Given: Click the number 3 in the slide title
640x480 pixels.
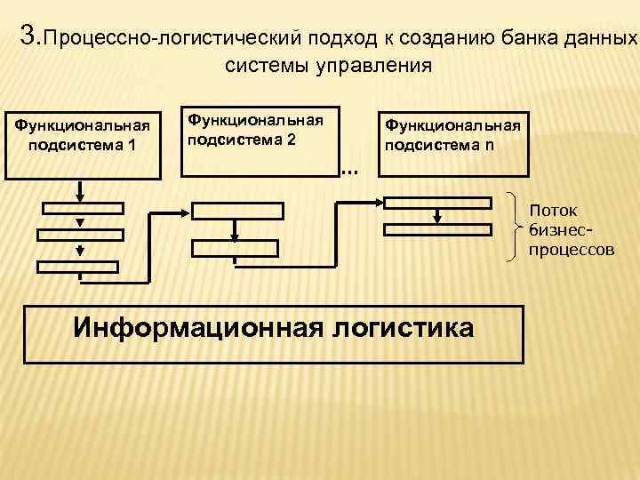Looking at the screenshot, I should [x=27, y=36].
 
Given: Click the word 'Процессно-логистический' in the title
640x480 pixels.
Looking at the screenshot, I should [x=172, y=39].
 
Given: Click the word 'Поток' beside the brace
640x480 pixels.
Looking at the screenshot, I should [x=554, y=211].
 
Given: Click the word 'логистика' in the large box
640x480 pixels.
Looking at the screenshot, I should [x=404, y=326].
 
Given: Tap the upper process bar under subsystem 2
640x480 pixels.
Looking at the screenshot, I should [x=238, y=211].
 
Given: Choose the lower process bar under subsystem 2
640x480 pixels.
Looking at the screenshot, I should [x=235, y=248].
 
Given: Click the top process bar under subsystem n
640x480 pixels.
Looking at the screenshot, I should [x=436, y=201].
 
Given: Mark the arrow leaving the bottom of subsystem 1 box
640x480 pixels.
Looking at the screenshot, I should [x=80, y=189].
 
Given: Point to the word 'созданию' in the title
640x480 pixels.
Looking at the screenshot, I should [x=438, y=39].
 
